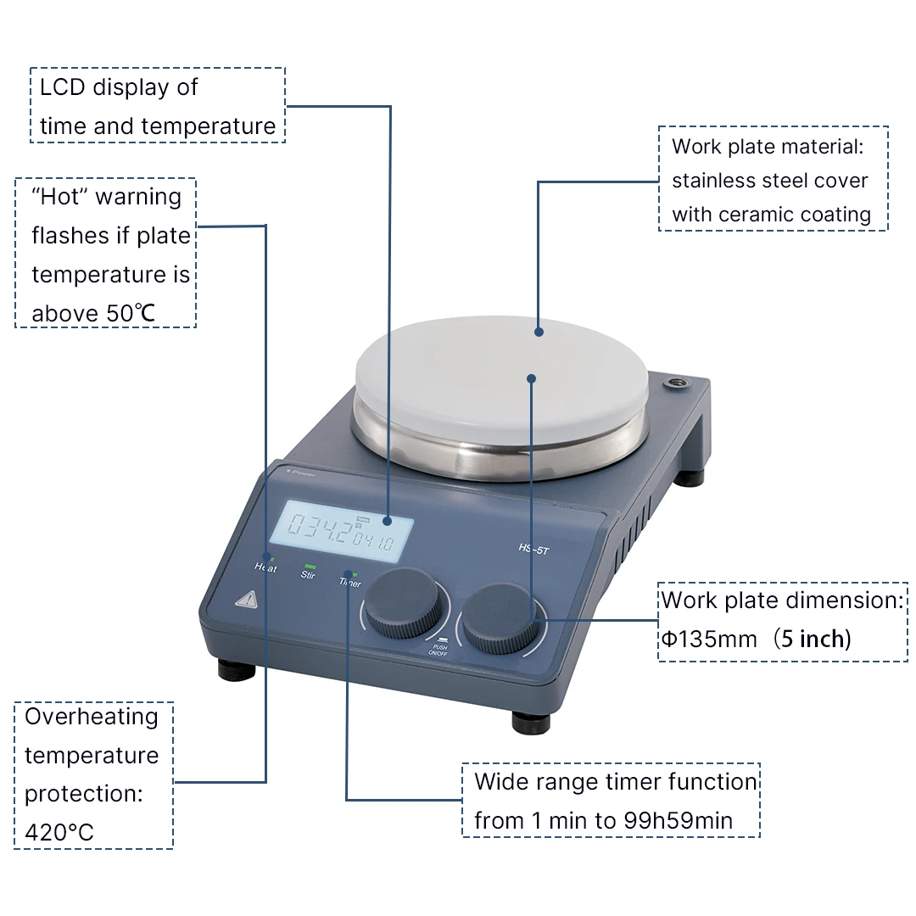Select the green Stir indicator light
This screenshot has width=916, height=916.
(310, 566)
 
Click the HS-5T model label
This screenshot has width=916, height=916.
(532, 547)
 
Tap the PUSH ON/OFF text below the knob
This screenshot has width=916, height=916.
(438, 649)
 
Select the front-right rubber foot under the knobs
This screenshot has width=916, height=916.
(532, 723)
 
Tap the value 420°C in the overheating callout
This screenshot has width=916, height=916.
(59, 832)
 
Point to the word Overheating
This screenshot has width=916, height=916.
(92, 717)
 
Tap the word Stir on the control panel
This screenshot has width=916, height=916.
(309, 575)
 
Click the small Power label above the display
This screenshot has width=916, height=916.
(301, 474)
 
